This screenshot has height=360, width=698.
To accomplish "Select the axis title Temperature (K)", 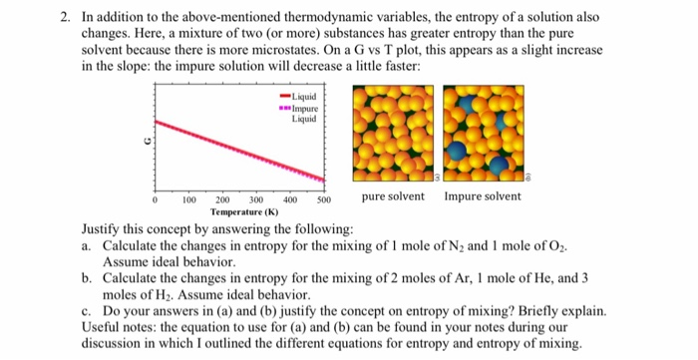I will click(x=244, y=212).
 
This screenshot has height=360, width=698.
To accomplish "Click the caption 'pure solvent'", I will click(x=393, y=196).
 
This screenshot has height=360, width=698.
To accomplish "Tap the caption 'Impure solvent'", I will click(x=483, y=196).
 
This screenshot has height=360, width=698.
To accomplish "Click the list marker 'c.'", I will click(x=90, y=312).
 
